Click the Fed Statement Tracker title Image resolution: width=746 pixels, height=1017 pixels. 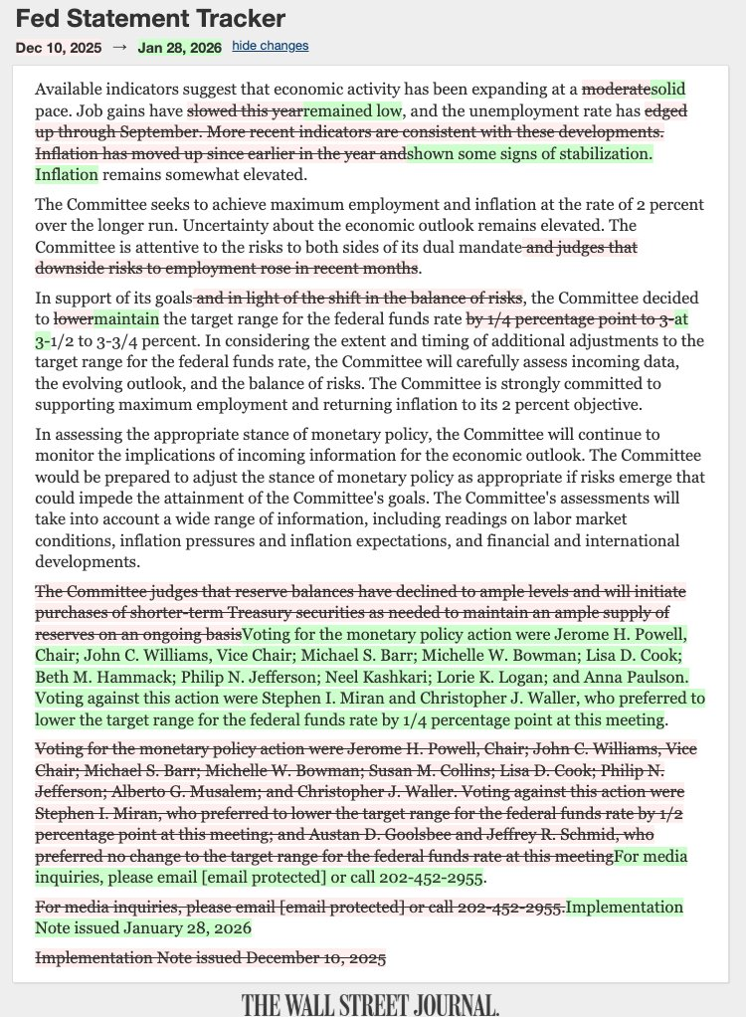click(x=150, y=18)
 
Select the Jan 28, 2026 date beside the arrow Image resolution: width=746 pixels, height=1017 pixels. click(x=180, y=47)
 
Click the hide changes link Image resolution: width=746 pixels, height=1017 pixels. click(x=271, y=46)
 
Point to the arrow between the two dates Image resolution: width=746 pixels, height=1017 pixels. click(x=119, y=47)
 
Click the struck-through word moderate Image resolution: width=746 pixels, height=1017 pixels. click(x=616, y=89)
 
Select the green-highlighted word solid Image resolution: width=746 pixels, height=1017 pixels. click(x=668, y=89)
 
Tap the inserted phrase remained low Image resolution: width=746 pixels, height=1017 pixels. click(x=352, y=110)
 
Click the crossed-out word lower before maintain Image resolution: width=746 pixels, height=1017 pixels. click(x=73, y=319)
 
